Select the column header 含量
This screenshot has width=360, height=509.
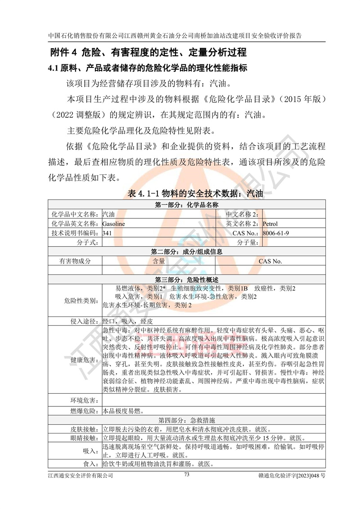pos(159,261)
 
